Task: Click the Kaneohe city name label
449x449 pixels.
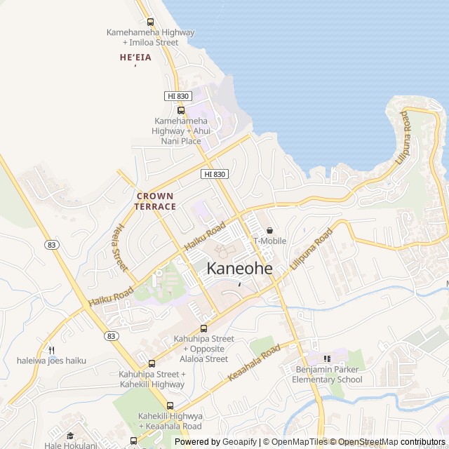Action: pos(240,268)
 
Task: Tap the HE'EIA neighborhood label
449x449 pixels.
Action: pos(135,58)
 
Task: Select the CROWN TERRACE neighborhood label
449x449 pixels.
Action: pos(156,201)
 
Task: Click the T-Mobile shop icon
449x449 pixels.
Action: pos(269,230)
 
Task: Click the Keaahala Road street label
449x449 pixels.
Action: pos(254,363)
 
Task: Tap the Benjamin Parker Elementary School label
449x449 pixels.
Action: pos(327,375)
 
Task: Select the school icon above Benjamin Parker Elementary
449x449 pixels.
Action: pos(327,358)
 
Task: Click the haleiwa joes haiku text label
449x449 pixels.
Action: pos(51,361)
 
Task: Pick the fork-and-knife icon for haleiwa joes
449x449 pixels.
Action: pos(51,349)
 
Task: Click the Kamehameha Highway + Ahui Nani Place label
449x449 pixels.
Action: pos(181,131)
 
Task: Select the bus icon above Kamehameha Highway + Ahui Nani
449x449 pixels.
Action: pos(181,110)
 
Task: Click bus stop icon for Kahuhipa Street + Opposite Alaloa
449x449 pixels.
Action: pos(203,328)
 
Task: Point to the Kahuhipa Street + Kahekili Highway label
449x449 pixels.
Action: pos(152,380)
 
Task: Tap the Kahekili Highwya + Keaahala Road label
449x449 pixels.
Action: pos(170,421)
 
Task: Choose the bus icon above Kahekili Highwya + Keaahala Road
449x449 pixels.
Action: pos(170,406)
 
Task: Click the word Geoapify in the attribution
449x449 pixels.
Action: pos(241,442)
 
